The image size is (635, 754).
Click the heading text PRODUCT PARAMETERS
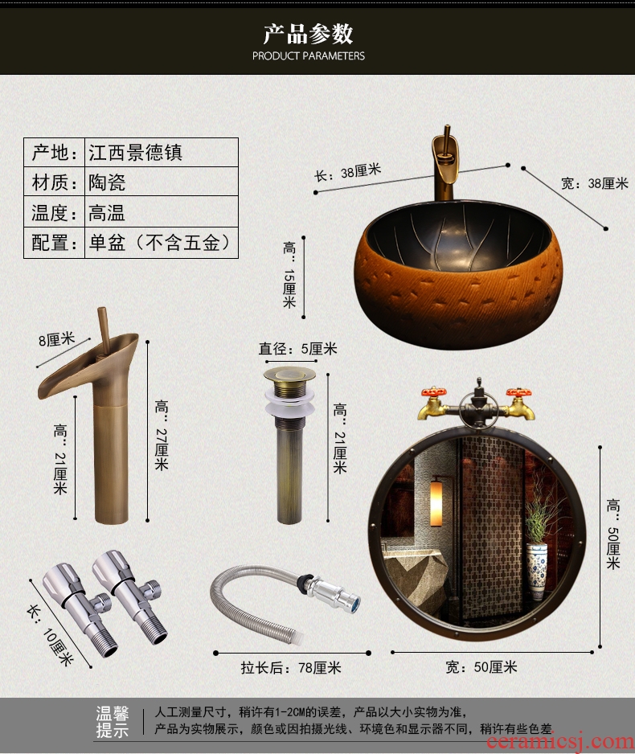coord(308,55)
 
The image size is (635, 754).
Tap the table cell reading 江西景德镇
coord(135,153)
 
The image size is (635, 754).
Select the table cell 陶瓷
coord(107,182)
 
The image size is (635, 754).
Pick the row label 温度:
coord(55,212)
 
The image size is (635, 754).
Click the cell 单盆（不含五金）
coord(160,243)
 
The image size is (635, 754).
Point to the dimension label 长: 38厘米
coord(347,173)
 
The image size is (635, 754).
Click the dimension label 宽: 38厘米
coord(595,183)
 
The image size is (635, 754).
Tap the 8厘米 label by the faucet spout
coord(57,339)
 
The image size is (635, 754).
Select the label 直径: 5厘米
coord(298,349)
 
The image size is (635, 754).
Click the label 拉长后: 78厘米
coord(291,667)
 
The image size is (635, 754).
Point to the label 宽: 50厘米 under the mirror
coord(481,667)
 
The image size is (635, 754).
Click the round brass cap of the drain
coord(289,375)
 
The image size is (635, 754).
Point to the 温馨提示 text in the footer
coord(113,722)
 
